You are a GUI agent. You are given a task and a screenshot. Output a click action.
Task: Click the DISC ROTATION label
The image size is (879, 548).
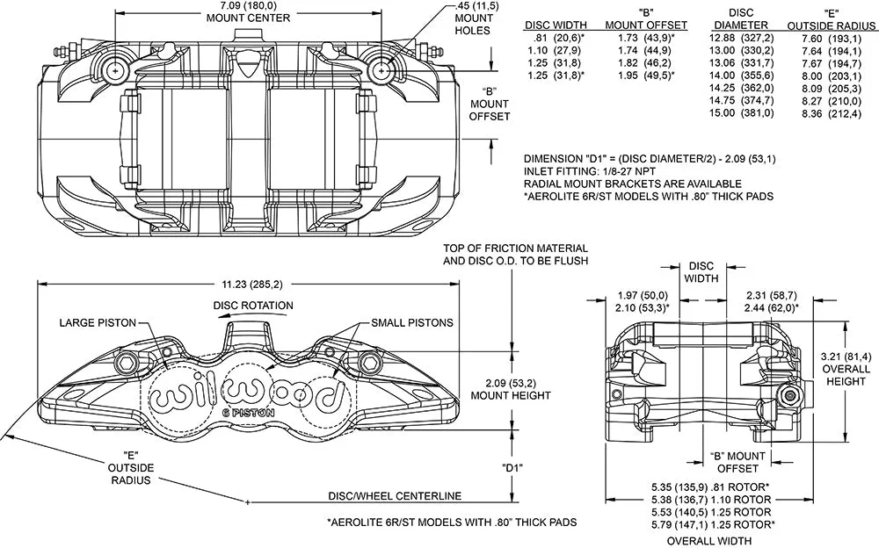(252, 306)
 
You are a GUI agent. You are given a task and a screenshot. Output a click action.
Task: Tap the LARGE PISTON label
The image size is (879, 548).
(97, 323)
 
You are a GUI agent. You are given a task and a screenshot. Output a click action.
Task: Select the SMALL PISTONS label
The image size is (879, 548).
(411, 323)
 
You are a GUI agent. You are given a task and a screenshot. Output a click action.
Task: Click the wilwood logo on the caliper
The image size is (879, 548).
(245, 394)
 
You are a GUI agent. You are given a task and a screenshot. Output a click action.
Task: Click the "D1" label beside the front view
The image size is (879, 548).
(513, 468)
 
